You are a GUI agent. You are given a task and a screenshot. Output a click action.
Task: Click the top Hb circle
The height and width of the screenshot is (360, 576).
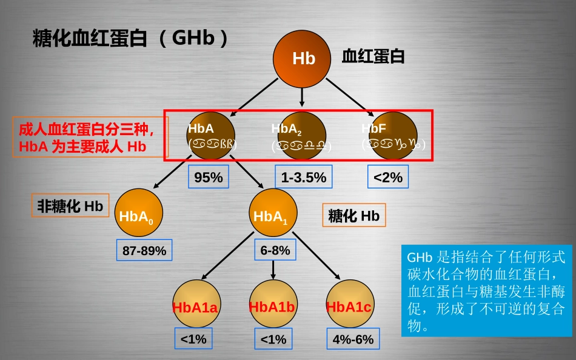(303, 58)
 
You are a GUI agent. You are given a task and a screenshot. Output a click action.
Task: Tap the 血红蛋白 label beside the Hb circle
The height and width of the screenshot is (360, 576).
(373, 58)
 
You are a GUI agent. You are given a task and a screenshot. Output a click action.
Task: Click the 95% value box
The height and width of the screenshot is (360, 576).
(209, 178)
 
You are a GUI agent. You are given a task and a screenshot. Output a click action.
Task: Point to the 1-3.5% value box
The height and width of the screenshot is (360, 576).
(304, 178)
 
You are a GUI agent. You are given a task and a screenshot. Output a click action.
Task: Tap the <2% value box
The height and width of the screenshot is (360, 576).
(388, 178)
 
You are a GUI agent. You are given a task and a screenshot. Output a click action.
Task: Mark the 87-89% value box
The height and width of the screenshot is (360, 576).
(144, 250)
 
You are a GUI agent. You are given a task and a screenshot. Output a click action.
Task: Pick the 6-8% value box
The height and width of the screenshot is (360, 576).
(275, 250)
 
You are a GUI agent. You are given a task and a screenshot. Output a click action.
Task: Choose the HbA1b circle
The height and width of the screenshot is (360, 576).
(272, 306)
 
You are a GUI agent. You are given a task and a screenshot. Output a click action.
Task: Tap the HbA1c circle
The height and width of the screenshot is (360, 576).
(349, 306)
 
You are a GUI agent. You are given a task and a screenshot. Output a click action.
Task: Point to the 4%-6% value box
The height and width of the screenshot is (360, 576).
(353, 339)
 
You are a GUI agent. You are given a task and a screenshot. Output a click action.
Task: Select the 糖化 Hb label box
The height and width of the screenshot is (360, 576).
(353, 215)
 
